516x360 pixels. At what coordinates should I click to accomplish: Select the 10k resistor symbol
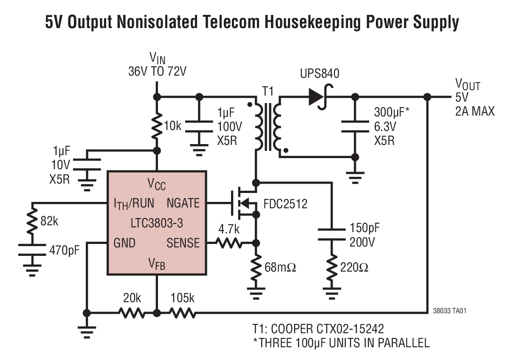point(157,126)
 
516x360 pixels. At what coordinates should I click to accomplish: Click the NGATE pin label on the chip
point(183,203)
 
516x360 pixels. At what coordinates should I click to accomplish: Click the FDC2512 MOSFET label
point(285,204)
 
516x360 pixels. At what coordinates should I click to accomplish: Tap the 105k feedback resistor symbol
point(183,313)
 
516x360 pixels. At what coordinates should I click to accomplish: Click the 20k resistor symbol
point(132,313)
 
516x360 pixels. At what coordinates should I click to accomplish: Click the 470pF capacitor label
point(65,249)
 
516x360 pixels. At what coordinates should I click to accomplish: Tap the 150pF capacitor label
point(364,228)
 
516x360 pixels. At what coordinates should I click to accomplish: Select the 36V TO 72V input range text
point(157,71)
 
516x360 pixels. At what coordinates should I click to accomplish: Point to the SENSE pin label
point(183,243)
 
